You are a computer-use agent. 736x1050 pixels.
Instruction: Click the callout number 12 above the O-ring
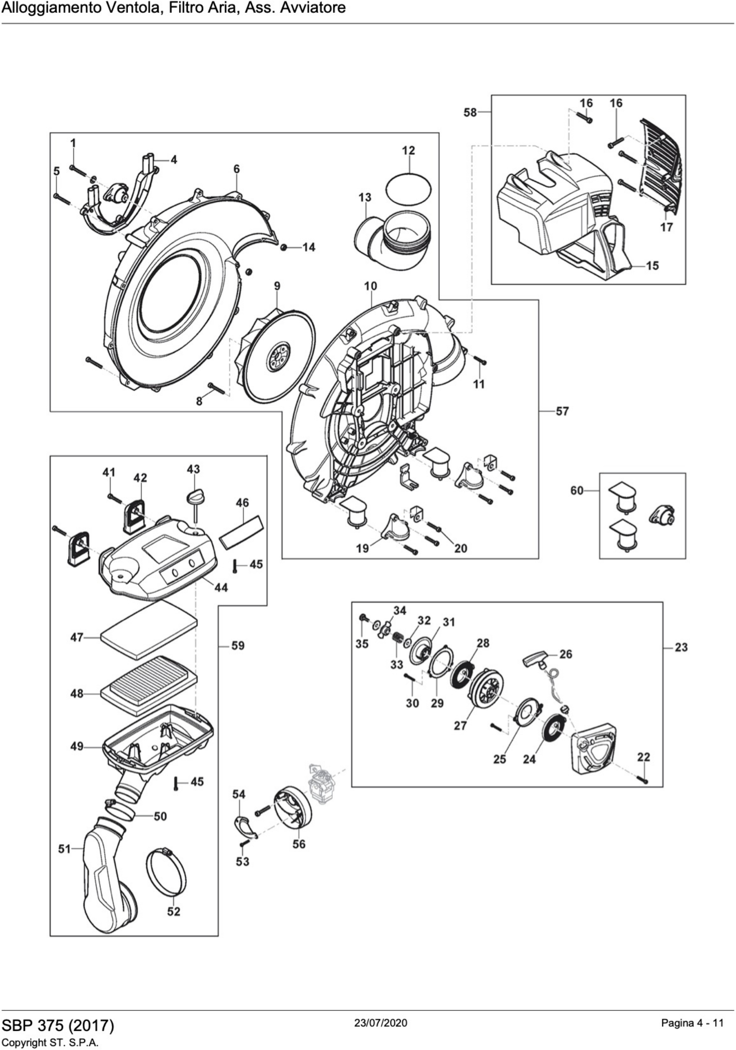point(408,150)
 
